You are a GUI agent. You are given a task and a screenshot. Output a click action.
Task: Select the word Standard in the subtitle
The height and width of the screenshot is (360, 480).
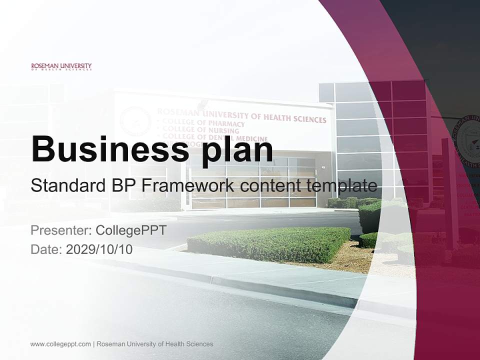pyautogui.click(x=64, y=186)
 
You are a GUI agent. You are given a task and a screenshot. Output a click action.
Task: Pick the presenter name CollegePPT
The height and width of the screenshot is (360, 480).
pyautogui.click(x=130, y=230)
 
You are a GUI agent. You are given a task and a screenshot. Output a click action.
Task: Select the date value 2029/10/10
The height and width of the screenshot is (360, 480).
pyautogui.click(x=99, y=249)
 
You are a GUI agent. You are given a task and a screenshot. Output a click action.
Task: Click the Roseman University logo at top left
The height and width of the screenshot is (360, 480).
pyautogui.click(x=61, y=66)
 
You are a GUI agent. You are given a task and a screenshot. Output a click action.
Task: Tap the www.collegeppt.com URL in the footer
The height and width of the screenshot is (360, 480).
pyautogui.click(x=60, y=344)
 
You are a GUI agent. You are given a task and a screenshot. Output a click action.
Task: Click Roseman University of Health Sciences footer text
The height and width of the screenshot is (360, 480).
pyautogui.click(x=155, y=344)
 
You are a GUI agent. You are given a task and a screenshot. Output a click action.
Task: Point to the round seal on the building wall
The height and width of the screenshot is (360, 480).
pyautogui.click(x=135, y=121)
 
